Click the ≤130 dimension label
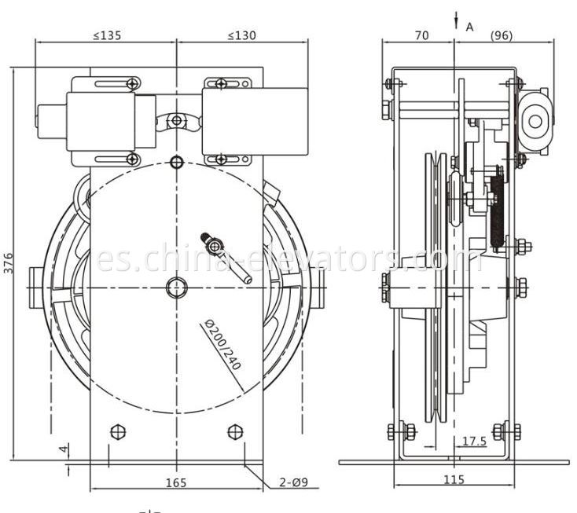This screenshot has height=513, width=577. [243, 35]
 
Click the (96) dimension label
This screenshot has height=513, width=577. [503, 35]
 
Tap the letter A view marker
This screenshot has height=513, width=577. [470, 27]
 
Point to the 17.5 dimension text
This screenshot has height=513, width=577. [474, 442]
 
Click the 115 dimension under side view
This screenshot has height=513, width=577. [454, 480]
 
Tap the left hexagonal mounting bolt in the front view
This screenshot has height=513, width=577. [118, 431]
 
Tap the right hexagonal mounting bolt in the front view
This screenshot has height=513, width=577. [234, 431]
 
